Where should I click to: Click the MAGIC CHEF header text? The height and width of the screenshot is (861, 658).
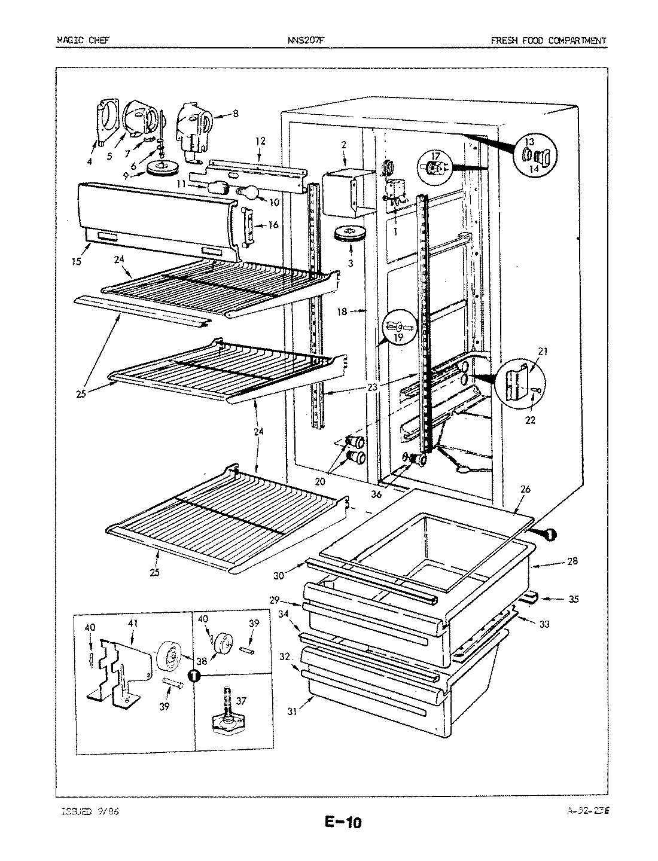pos(83,41)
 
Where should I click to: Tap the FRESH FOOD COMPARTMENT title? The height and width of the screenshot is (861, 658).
pos(548,41)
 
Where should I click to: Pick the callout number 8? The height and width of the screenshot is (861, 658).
pos(236,112)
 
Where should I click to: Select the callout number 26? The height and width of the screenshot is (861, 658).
pos(525,489)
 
